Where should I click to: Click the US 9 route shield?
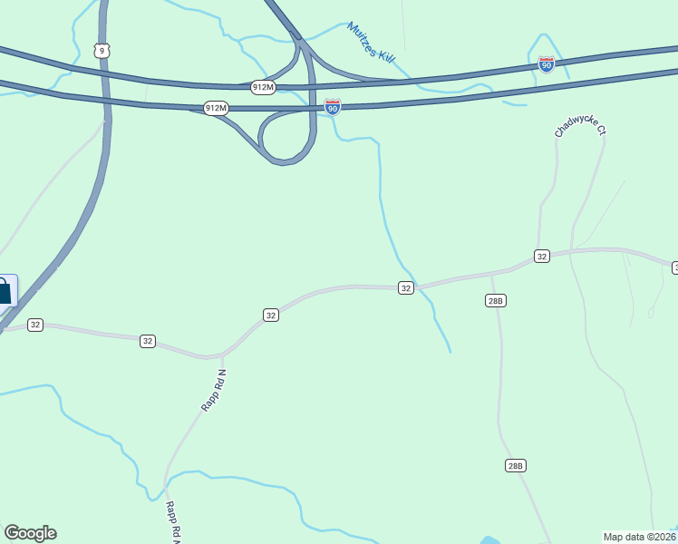[x=102, y=51]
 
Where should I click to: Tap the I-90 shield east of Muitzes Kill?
[x=545, y=63]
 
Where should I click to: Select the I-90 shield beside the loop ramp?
[x=333, y=107]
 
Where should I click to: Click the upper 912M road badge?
[x=264, y=87]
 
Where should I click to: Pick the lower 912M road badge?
[x=216, y=108]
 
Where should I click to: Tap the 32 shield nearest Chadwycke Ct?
[x=541, y=257]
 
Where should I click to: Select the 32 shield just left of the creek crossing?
[x=405, y=287]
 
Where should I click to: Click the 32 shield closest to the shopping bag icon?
[x=35, y=325]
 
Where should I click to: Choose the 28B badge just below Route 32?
[x=494, y=300]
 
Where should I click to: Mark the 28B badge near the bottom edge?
[x=515, y=465]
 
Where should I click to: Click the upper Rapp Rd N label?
[x=212, y=391]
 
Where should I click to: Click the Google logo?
[x=30, y=533]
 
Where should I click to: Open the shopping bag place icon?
[x=4, y=292]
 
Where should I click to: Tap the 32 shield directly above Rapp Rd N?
[x=271, y=315]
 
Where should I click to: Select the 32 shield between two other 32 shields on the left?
[x=148, y=341]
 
